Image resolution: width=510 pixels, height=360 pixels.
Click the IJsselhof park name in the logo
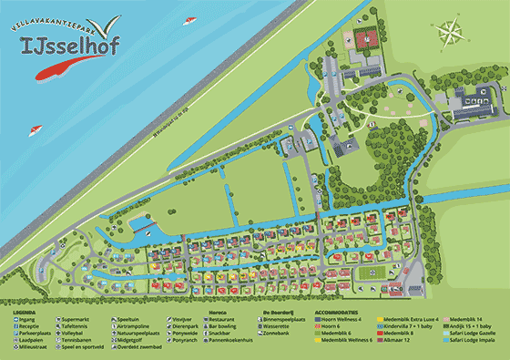58,43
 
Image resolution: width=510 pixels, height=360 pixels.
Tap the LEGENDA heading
24,313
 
